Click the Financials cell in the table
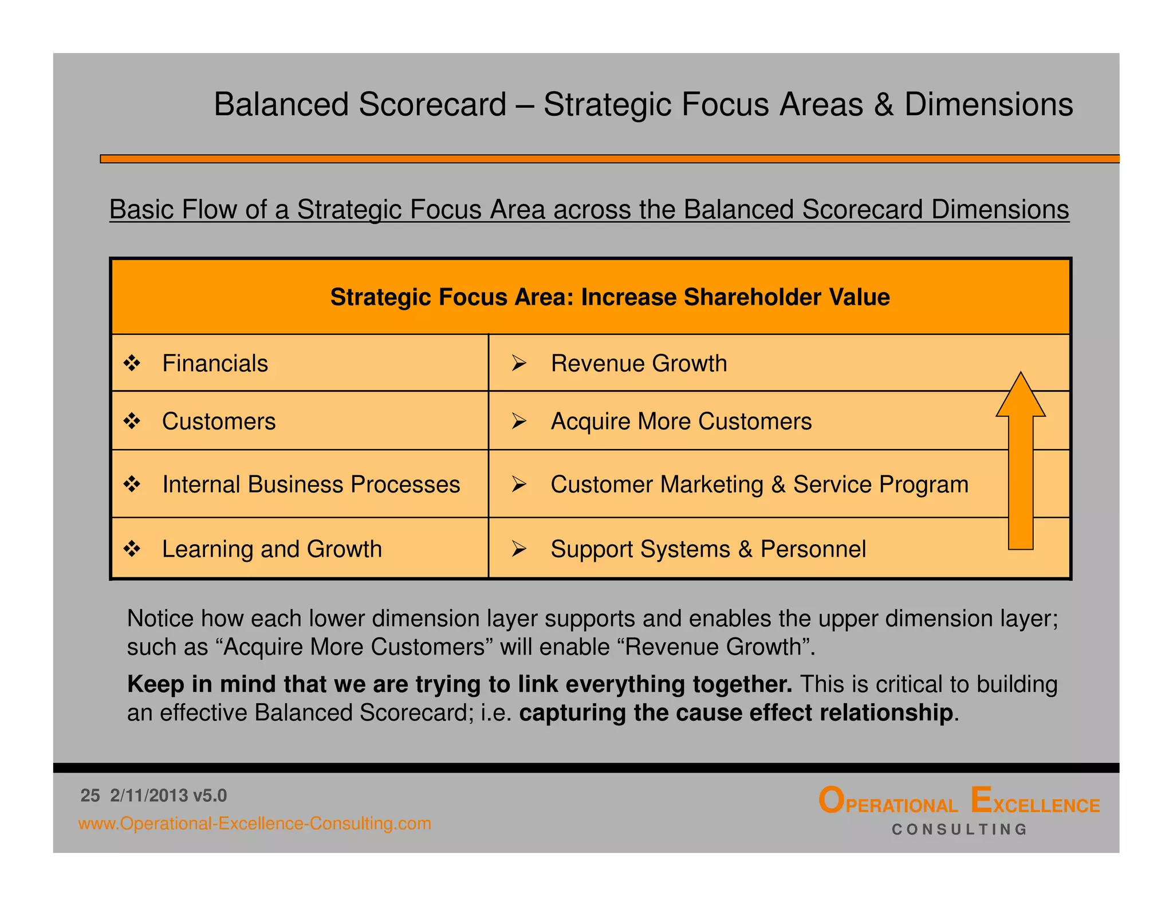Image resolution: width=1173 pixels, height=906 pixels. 215,364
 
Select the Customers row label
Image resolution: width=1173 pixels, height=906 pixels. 219,422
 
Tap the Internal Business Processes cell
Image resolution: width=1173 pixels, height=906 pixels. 310,484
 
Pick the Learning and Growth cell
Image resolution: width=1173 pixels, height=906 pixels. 271,549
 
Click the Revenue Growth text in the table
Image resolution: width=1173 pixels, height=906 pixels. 639,364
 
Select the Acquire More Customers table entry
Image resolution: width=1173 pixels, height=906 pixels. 681,422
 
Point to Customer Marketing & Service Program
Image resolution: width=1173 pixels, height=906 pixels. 759,484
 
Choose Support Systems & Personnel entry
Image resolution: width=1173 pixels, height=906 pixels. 708,549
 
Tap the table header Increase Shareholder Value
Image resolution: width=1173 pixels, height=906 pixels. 610,297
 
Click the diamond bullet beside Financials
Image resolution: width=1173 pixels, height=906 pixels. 132,363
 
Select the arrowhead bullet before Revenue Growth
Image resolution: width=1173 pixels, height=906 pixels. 519,363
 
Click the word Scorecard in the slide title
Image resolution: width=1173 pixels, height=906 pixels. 432,105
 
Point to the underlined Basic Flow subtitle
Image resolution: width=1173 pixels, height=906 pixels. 589,210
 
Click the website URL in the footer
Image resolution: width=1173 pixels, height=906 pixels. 254,824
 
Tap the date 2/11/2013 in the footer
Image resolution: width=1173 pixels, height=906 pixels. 149,795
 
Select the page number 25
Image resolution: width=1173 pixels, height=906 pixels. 90,795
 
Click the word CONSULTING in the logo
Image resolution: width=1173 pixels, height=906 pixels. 959,829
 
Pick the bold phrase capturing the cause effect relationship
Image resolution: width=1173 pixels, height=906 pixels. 736,713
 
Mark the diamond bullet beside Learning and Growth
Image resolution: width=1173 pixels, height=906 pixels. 132,549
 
